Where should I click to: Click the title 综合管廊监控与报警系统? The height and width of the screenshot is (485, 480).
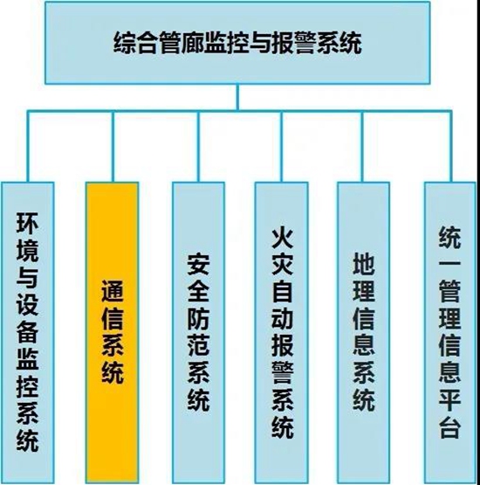pos(237,44)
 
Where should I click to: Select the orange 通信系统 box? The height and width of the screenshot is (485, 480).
pos(113,332)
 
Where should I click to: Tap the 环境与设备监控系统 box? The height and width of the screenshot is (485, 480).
pos(28,332)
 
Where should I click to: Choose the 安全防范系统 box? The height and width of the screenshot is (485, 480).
pos(198,332)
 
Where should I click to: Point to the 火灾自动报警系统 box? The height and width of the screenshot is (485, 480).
pos(282,332)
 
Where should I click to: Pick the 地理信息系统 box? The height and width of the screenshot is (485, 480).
pos(364,332)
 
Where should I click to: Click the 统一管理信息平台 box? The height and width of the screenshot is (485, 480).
pos(450,332)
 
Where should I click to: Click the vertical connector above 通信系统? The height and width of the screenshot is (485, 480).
pos(113,147)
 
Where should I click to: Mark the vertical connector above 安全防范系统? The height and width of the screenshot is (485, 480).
pos(199,147)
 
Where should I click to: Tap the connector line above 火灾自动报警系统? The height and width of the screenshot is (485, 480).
pos(282,147)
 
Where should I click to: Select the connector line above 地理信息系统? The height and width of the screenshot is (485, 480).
pos(363,147)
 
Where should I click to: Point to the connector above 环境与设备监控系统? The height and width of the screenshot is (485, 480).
pos(28,147)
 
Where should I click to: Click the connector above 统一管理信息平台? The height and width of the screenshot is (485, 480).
pos(450,147)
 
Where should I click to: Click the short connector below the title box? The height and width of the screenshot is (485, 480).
pos(237,97)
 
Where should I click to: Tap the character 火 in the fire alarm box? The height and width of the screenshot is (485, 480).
pos(282,239)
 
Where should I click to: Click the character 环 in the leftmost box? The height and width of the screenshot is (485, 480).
pos(27,223)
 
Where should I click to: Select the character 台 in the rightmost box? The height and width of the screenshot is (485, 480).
pos(450,427)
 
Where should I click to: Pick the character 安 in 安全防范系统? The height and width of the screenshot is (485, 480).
pos(198,264)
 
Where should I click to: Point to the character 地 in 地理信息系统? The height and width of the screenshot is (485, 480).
pos(364,263)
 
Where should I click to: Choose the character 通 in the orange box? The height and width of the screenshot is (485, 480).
pos(113,291)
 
